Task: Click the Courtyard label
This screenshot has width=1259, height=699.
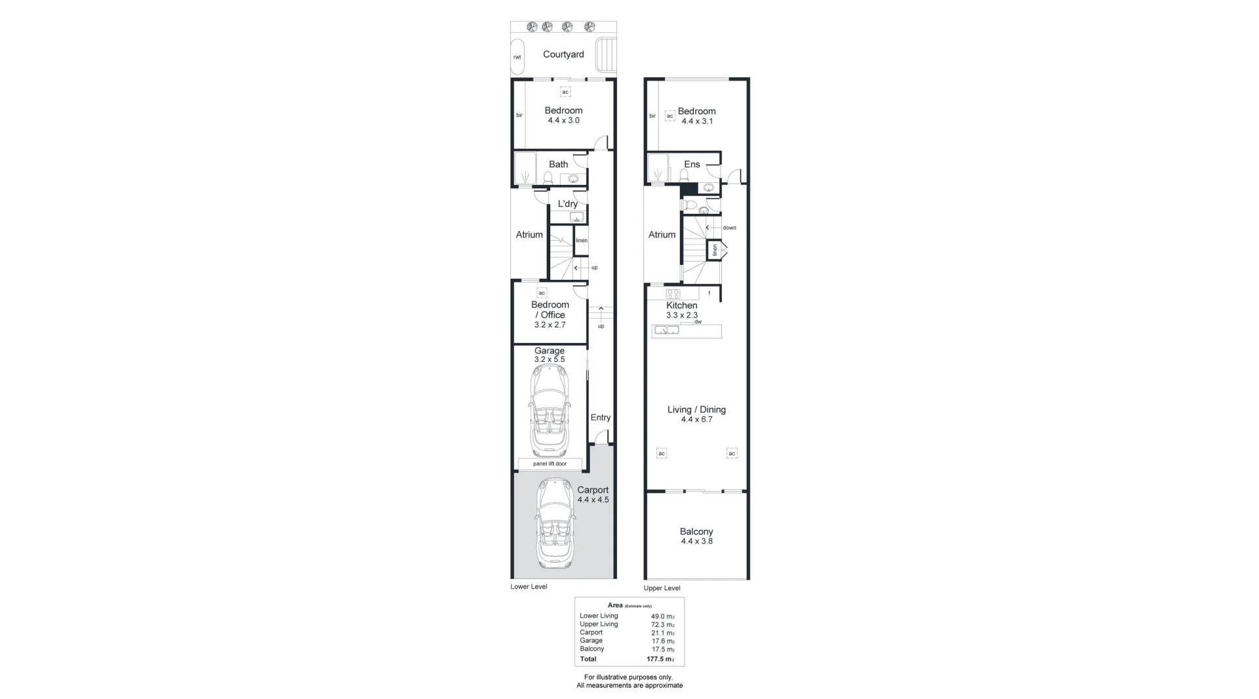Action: (x=563, y=54)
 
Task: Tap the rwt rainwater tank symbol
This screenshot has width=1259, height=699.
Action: (x=517, y=57)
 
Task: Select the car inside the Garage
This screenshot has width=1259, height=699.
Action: (x=549, y=410)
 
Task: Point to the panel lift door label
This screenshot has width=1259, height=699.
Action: (x=550, y=464)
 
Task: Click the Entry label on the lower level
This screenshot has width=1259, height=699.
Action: (x=600, y=418)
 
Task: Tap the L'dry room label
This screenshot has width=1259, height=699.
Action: (x=567, y=204)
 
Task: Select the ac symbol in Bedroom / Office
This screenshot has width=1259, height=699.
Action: (x=542, y=293)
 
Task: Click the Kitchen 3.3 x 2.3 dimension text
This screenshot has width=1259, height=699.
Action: (x=682, y=315)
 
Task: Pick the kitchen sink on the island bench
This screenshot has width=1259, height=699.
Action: (x=666, y=330)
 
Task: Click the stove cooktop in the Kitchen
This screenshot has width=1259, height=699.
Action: (x=673, y=293)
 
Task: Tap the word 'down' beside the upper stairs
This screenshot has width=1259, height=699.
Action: (x=729, y=228)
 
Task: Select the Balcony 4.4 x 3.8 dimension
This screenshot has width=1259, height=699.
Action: (x=696, y=542)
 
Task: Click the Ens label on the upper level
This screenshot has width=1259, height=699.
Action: (x=692, y=165)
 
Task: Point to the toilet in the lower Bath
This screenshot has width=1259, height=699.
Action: (x=548, y=177)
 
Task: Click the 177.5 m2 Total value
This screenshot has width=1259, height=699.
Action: (x=660, y=659)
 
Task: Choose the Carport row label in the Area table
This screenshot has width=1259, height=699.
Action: (x=591, y=633)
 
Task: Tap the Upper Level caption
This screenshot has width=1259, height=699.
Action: (x=662, y=588)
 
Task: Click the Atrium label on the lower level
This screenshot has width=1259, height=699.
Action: (x=529, y=235)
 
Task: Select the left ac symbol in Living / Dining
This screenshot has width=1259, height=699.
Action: (x=662, y=453)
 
